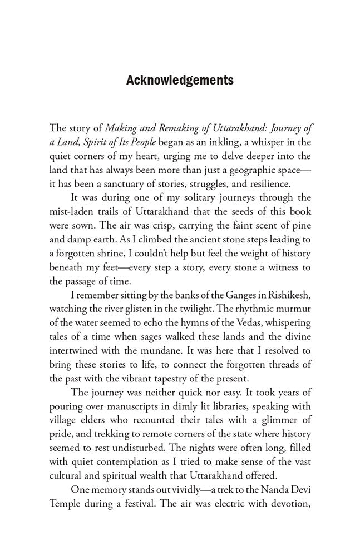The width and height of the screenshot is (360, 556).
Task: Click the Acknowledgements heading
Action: click(x=180, y=80)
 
